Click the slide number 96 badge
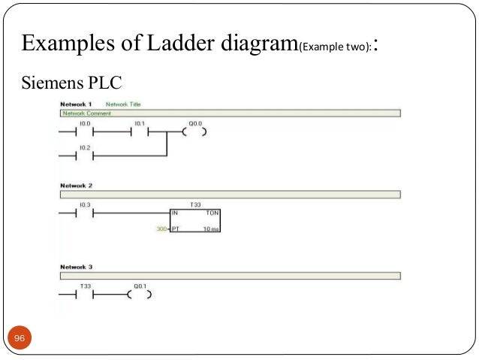(20, 339)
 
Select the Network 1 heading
(75, 104)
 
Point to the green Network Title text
(123, 104)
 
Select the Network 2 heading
(75, 185)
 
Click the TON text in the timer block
(212, 213)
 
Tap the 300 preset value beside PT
(161, 228)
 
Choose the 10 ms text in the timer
(210, 228)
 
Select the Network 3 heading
(75, 267)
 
